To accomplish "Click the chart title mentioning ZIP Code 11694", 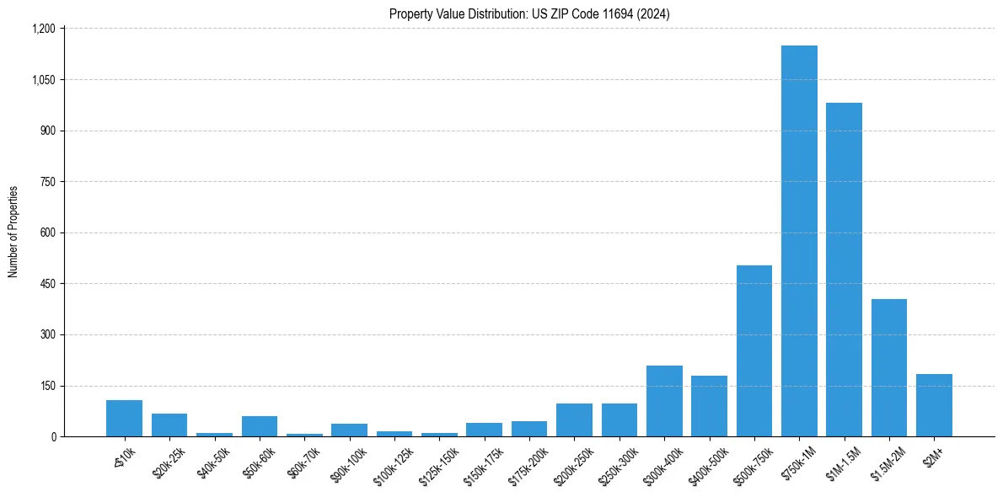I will tap(529, 14).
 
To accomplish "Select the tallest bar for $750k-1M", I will tap(799, 241).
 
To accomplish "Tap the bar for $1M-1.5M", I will tap(844, 270).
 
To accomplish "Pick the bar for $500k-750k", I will tap(754, 350).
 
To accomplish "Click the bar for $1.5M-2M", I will tap(889, 367).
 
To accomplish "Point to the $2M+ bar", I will tap(934, 405).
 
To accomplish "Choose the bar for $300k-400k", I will tap(664, 401).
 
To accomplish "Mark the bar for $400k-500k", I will tap(709, 406).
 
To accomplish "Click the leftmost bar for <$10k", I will tap(124, 418).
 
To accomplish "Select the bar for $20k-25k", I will tap(169, 425).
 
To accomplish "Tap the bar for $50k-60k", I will tap(260, 426).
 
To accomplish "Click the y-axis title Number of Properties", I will tap(13, 232).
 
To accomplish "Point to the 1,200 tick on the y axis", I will tap(43, 29).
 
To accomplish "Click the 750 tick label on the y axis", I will tap(47, 182).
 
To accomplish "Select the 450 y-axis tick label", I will tap(47, 284).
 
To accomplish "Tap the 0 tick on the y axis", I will tap(52, 436).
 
